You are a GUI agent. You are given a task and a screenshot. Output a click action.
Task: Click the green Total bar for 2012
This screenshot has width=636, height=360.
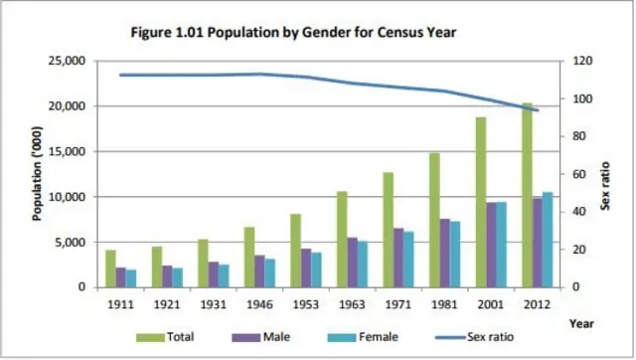(528, 195)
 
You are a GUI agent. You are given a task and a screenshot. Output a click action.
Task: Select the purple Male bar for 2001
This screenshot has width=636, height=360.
(491, 245)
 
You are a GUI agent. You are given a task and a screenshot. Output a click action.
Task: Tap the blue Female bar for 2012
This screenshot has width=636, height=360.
(548, 240)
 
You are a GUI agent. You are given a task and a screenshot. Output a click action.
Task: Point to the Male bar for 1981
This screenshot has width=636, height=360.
(445, 253)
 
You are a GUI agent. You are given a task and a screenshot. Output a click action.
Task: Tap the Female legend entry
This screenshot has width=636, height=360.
(360, 337)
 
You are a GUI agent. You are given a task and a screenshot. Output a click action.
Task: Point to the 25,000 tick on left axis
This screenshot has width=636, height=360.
(69, 61)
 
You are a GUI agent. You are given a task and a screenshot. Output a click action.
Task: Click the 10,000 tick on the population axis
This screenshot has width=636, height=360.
(69, 197)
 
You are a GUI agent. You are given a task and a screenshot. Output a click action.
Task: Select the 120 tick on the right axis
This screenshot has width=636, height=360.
(580, 61)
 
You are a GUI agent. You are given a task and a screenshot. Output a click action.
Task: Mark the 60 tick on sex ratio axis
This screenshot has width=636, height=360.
(578, 174)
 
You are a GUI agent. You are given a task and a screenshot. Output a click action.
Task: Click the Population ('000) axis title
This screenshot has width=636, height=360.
(37, 173)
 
